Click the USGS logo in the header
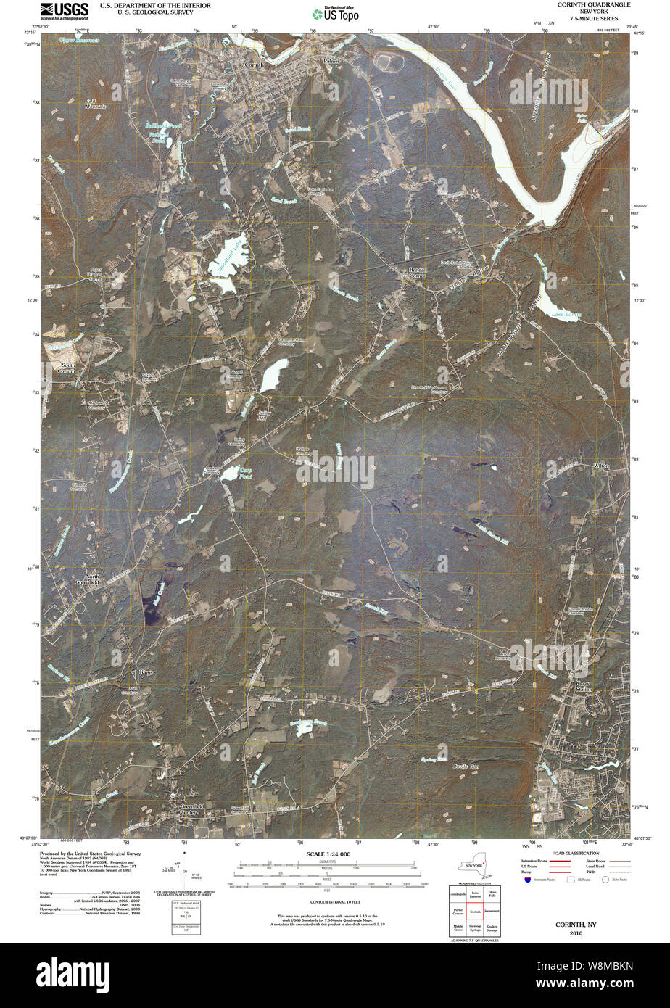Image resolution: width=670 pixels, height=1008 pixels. click(65, 10)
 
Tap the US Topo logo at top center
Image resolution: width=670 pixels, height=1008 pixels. click(335, 13)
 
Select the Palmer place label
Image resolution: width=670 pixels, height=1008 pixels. click(331, 62)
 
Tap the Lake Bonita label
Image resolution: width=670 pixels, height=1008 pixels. click(566, 315)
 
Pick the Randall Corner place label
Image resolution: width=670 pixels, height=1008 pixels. click(416, 273)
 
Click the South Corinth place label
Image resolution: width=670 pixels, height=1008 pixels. click(67, 368)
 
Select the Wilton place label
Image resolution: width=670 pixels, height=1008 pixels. click(601, 466)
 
